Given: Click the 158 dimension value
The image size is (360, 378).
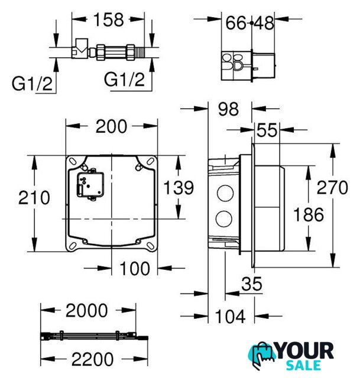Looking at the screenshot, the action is (109, 19).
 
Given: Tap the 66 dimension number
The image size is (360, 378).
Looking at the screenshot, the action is (236, 24).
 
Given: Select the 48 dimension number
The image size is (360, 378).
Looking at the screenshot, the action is (264, 24).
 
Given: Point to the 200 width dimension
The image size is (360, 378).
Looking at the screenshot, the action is (111, 126).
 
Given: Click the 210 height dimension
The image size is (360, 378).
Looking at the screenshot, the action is (34, 198).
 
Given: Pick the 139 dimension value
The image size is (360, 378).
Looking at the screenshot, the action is (179, 187).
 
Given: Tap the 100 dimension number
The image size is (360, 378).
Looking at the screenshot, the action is (134, 269).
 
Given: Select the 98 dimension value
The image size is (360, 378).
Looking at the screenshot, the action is (228, 109).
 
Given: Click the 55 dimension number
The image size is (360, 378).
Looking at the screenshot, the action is (267, 130).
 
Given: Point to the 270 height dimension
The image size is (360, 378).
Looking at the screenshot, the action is (332, 188).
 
